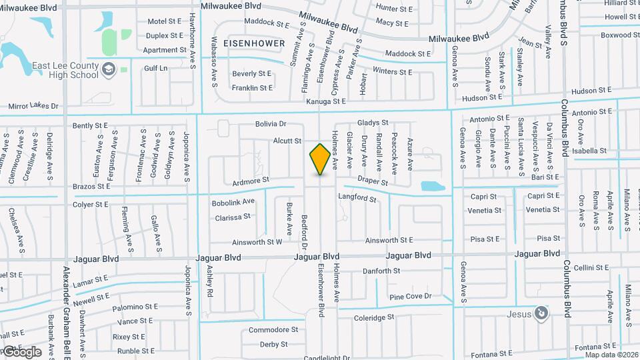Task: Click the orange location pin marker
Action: coord(320,159)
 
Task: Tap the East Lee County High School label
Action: coord(65,70)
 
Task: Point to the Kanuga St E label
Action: coord(326,101)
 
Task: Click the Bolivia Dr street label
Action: coord(271,124)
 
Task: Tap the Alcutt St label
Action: coord(287,141)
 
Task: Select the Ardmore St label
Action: coord(251,180)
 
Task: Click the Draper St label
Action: coord(373,181)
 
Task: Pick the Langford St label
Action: coord(357,197)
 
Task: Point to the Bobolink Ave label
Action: coord(233,201)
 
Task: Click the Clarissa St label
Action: coord(233,217)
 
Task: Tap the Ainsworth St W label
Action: coord(257,243)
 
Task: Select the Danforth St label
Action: coord(381,271)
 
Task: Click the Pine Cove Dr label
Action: coord(411,297)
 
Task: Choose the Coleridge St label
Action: coord(374,318)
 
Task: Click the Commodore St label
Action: coord(273,330)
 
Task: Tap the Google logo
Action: coord(22,352)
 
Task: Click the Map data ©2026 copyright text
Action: coord(611,355)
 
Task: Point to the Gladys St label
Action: coord(373,123)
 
